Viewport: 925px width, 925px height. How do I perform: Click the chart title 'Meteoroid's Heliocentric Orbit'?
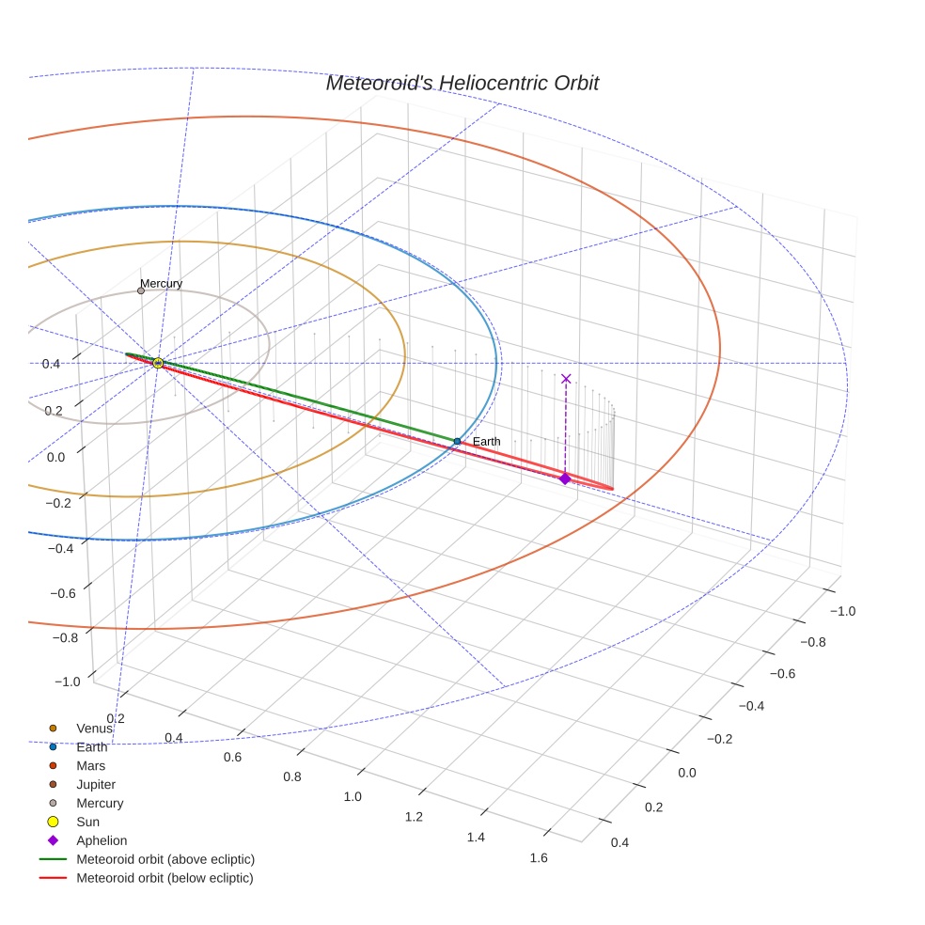point(462,83)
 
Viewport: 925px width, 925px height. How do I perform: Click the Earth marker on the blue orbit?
point(457,441)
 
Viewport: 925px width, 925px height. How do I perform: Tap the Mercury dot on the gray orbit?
point(141,290)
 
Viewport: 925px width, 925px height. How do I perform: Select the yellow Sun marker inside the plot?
point(158,363)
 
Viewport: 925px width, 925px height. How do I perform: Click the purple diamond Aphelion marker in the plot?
point(565,478)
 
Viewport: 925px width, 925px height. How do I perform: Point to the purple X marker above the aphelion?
point(566,379)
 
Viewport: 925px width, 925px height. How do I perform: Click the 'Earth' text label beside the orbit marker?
point(486,441)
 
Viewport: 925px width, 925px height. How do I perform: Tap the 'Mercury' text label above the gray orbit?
point(161,283)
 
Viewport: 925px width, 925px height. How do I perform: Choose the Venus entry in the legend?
point(94,729)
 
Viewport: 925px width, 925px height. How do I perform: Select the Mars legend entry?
point(90,766)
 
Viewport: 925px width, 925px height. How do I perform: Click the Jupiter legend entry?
point(96,784)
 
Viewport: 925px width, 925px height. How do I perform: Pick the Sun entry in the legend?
point(87,822)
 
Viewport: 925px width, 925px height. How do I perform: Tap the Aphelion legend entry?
point(102,840)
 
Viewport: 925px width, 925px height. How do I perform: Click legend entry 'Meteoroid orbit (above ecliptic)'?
point(165,859)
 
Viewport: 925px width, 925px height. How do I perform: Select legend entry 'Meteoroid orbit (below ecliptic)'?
point(165,878)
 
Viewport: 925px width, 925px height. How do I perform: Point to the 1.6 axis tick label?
point(539,857)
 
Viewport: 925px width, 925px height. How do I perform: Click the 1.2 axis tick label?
point(414,817)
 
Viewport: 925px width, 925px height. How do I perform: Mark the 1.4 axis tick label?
point(476,837)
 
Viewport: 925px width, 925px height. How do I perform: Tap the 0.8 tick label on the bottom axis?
point(292,776)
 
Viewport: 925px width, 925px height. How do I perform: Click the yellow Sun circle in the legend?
point(53,822)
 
